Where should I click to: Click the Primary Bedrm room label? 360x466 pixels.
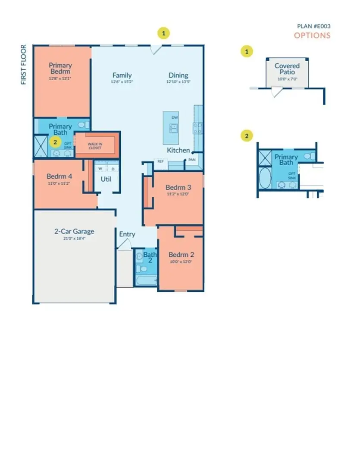pos(60,68)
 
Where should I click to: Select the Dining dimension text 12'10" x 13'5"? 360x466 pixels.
pos(178,82)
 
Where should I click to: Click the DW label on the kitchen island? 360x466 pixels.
pos(175,117)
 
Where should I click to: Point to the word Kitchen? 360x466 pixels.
pos(178,150)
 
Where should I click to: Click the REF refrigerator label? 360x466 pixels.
pos(160,161)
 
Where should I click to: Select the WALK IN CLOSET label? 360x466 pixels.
pos(95,145)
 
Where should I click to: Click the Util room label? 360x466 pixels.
pos(106,178)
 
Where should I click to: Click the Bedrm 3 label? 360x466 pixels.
pos(178,188)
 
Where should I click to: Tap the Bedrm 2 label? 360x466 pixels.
pos(181,254)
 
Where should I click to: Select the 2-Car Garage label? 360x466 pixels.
pos(74,231)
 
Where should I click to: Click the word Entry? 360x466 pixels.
pos(127,234)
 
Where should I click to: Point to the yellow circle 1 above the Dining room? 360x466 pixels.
pos(163,33)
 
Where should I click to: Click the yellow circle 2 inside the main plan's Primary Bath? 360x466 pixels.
pos(55,141)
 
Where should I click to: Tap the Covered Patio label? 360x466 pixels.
pos(287,69)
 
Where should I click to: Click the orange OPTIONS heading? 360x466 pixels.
pos(312,35)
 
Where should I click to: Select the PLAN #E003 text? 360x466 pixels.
pos(313,26)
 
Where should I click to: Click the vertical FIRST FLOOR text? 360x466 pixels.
pos(24,65)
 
